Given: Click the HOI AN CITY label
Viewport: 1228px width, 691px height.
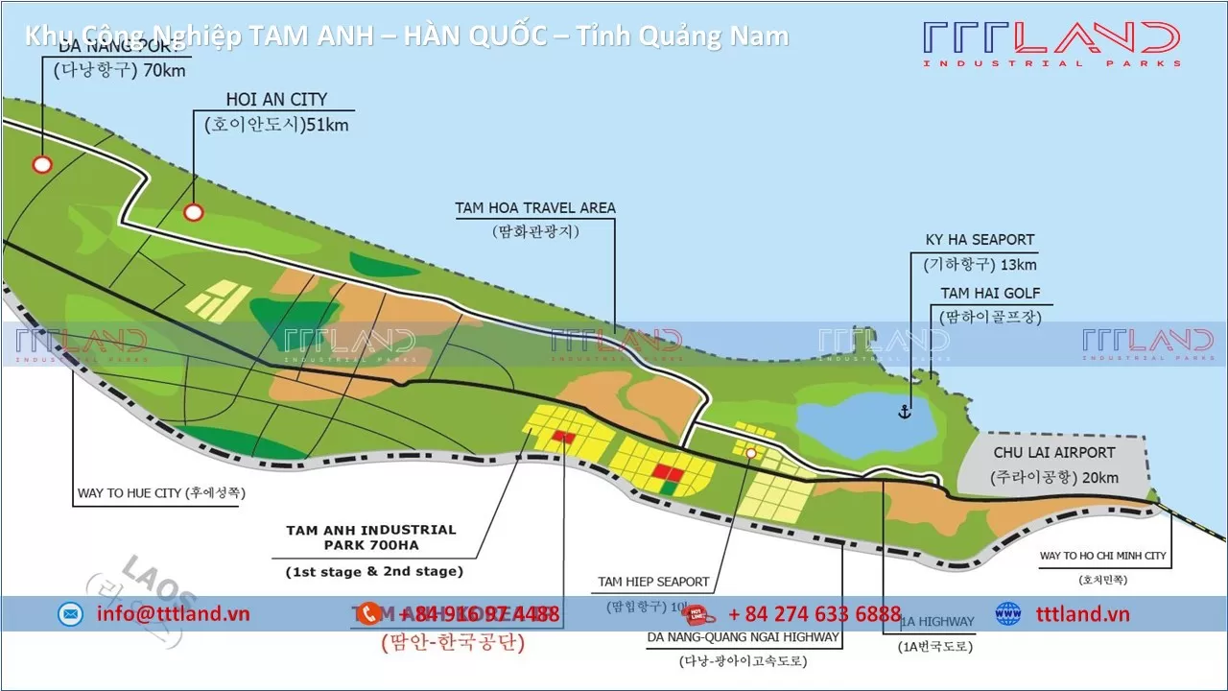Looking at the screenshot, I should [x=276, y=100].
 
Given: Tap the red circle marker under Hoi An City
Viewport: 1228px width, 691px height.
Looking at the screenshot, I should [x=194, y=212].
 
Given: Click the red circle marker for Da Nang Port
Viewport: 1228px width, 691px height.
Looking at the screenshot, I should [x=42, y=164].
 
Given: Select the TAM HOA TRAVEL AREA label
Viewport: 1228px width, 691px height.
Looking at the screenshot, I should [x=535, y=208].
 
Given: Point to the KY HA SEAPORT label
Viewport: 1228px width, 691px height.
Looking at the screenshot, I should [x=980, y=240].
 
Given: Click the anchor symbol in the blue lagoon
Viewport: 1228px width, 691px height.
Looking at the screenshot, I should [x=903, y=412].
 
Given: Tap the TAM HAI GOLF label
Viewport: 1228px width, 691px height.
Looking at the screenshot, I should [x=990, y=294].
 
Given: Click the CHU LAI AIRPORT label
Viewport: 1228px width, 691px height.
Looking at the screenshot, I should [x=1054, y=453].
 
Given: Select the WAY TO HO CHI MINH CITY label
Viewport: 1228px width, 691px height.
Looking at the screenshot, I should [x=1102, y=556].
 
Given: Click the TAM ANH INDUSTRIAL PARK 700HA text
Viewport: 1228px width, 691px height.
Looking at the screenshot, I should [x=371, y=537].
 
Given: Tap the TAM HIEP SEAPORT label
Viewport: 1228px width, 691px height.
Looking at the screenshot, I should [x=653, y=582].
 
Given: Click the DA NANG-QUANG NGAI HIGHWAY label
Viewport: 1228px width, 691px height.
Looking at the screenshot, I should [x=743, y=636].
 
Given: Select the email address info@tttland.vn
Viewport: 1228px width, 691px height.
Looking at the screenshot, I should [x=173, y=614].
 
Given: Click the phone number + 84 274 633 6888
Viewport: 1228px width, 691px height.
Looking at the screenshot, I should [x=815, y=614].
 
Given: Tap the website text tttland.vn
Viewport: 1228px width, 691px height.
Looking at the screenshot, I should [x=1083, y=614].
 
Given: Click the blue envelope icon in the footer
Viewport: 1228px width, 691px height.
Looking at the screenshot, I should [x=70, y=614].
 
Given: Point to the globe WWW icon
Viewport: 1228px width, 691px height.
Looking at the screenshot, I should [x=1008, y=613].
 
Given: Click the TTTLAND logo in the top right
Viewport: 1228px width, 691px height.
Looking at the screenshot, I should [x=1051, y=43].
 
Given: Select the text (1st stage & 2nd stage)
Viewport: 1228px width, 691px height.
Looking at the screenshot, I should [x=374, y=571].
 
